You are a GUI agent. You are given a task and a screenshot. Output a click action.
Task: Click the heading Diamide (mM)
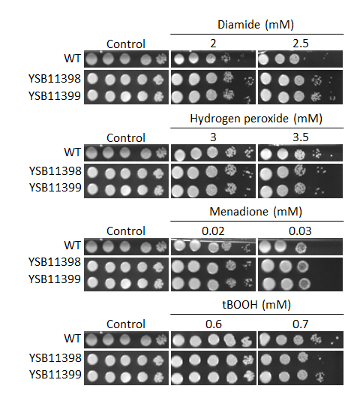[256, 25]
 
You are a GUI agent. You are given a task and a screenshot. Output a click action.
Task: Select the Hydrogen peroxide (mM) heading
[256, 119]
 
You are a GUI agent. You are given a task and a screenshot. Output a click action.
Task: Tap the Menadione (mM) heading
[256, 212]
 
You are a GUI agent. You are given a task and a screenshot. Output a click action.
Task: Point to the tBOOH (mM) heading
[256, 305]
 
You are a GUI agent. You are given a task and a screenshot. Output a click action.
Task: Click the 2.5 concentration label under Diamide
[300, 44]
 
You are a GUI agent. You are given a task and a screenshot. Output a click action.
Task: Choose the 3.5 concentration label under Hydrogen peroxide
[300, 137]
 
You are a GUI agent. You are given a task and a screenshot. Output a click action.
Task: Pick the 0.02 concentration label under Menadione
[213, 231]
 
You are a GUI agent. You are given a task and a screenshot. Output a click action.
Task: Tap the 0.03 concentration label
[300, 231]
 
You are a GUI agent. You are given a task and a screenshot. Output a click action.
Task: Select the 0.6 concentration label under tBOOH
[213, 324]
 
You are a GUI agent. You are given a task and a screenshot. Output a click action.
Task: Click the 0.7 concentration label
[300, 324]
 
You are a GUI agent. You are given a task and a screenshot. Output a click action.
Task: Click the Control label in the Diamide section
[126, 44]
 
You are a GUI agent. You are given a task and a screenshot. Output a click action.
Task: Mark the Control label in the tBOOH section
[126, 324]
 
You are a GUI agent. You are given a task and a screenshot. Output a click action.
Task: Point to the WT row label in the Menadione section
[72, 246]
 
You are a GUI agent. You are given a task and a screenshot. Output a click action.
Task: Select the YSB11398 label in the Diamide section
[55, 79]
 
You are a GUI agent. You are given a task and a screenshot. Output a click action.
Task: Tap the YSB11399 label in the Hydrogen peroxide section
[55, 188]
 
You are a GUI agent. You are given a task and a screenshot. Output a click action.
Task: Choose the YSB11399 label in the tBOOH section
[55, 375]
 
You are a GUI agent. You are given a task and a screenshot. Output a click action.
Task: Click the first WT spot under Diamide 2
[179, 59]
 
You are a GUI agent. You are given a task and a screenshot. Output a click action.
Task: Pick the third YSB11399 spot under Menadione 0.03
[304, 284]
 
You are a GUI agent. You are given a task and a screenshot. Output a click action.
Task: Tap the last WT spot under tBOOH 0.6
[247, 342]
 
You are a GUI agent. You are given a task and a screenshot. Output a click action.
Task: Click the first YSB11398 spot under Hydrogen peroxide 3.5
[266, 174]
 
